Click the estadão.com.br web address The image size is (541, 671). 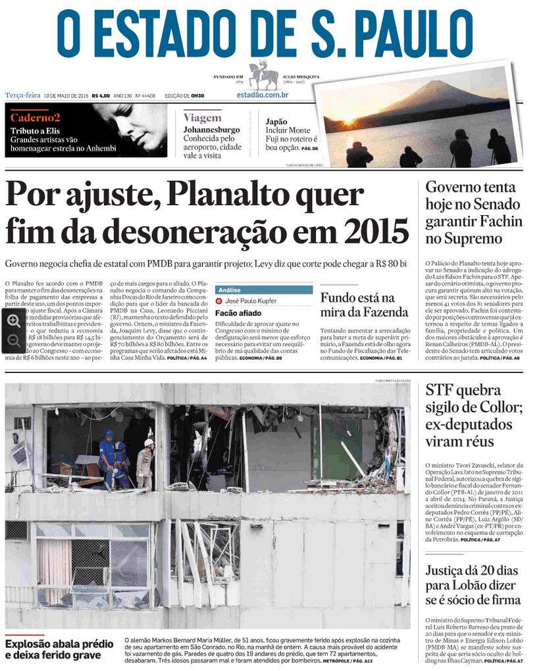coord(263,95)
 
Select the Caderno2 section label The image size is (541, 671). coord(35,118)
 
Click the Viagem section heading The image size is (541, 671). coord(202,118)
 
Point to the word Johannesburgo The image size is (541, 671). coord(211,130)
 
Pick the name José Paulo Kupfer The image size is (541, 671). coord(251,301)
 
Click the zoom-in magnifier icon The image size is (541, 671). coord(13,320)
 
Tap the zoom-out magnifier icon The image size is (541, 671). coord(13,340)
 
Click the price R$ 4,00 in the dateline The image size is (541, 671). coord(101,95)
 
